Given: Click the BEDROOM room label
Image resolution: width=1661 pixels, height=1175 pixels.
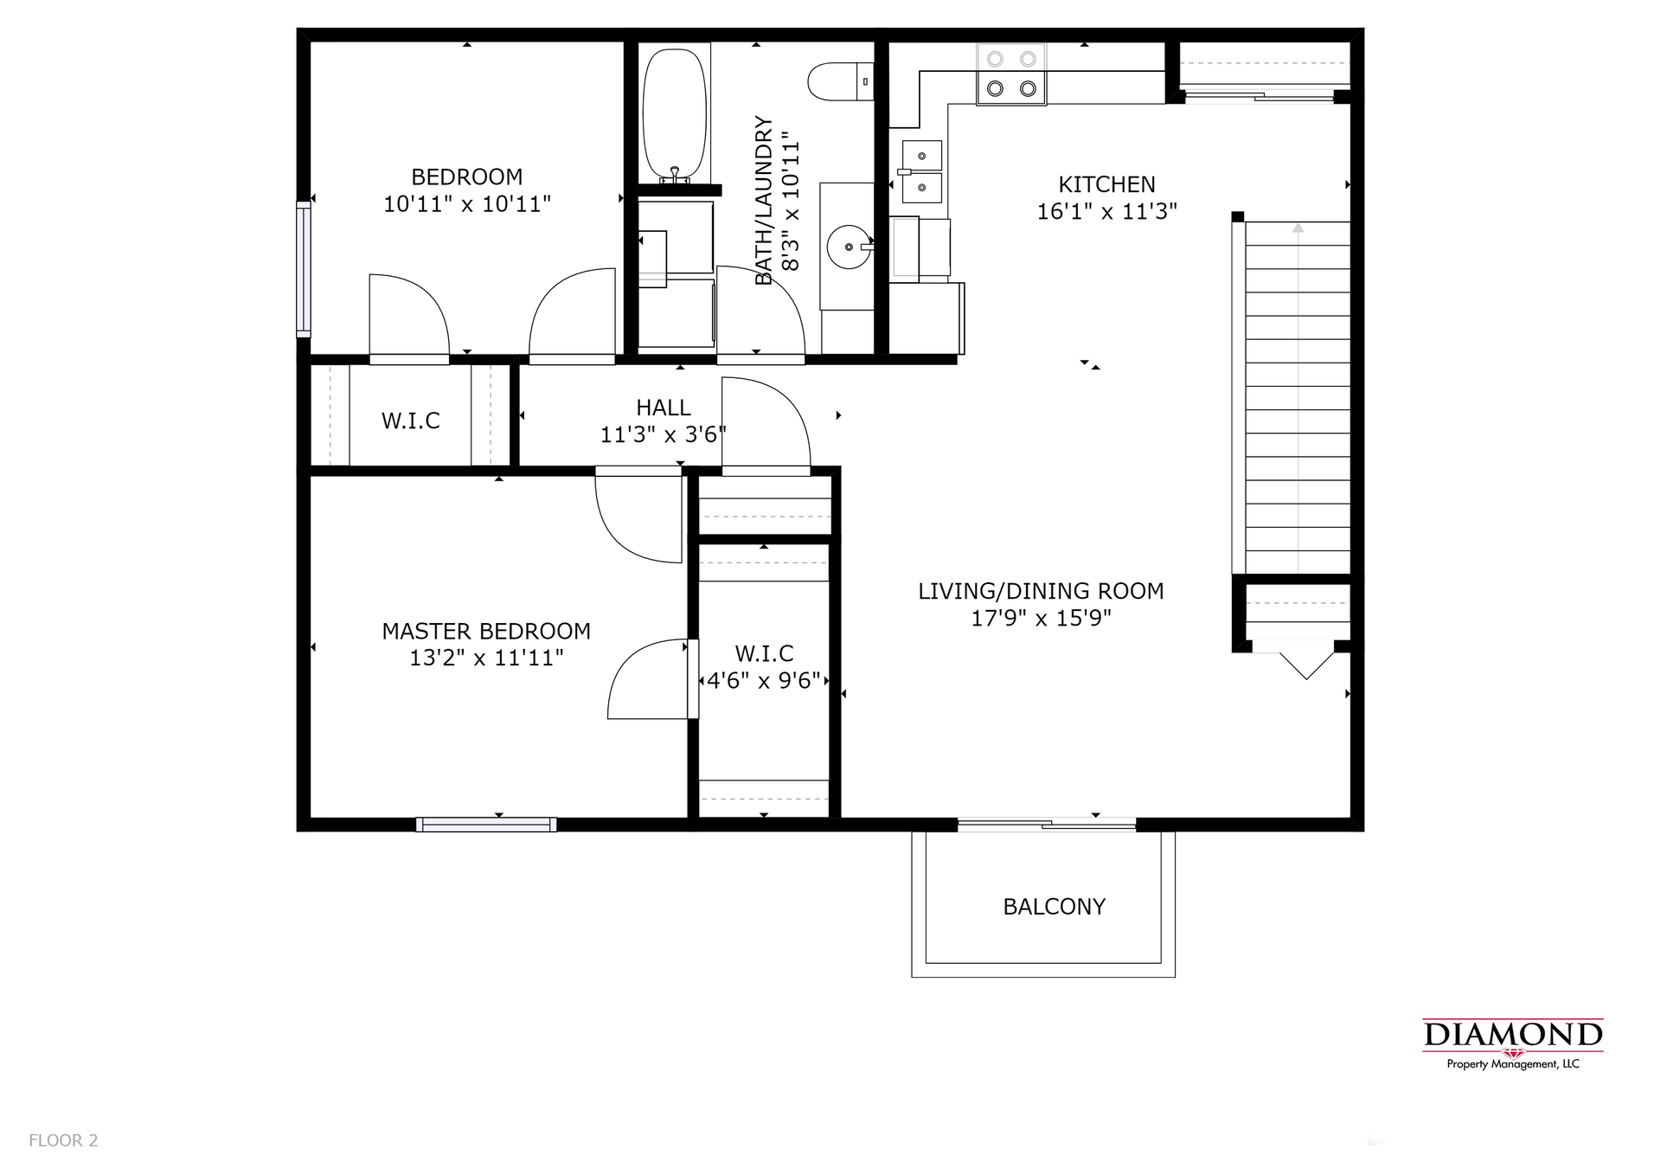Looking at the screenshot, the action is [467, 177].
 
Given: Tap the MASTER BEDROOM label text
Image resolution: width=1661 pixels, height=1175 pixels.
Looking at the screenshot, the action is [486, 631].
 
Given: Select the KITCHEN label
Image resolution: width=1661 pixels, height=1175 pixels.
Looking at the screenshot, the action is [1106, 184].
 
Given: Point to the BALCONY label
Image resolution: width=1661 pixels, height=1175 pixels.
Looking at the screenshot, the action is [1054, 907].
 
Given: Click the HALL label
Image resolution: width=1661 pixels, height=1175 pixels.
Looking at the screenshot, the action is [664, 408].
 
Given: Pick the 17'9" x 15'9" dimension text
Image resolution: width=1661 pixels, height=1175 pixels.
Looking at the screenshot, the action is [1041, 618].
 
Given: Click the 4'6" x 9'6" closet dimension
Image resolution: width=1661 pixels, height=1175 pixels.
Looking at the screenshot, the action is [763, 681].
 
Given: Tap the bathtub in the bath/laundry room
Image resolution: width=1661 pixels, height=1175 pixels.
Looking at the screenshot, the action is [675, 116].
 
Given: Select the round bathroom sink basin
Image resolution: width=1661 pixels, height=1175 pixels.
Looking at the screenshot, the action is [848, 247].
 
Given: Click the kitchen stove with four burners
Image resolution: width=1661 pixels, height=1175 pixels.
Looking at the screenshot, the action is [1011, 74].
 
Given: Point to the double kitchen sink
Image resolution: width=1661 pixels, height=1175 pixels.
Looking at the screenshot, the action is [922, 170].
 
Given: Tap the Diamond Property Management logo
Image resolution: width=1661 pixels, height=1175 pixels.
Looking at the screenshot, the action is [1513, 1044].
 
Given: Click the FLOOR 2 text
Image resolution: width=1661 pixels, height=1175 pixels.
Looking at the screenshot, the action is [63, 1140].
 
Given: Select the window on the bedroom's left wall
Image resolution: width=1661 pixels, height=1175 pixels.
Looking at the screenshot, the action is [303, 269].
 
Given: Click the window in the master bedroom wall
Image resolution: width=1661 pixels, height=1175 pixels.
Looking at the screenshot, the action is [486, 825].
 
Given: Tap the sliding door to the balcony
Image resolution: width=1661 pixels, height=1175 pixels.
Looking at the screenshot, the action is [1047, 825].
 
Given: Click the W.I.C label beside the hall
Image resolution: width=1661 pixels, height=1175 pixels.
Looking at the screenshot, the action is [411, 421].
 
